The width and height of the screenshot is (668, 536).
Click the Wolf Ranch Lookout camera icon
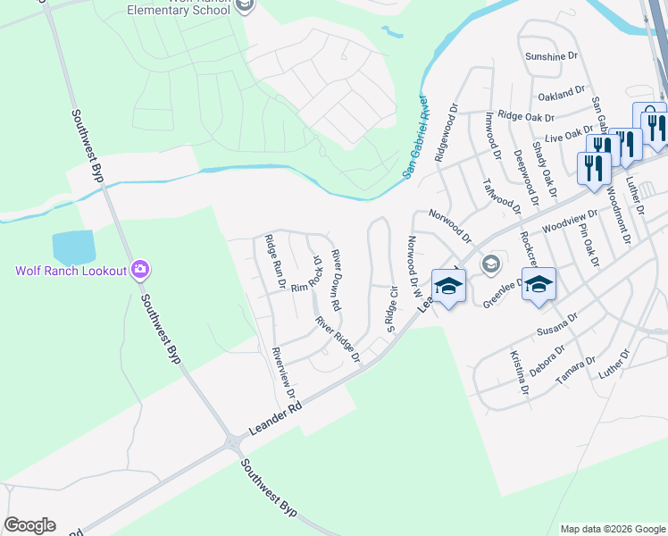(140, 269)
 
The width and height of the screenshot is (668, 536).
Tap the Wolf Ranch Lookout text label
(71, 270)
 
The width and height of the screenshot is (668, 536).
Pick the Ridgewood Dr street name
(446, 132)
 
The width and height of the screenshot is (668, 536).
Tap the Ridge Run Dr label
(274, 262)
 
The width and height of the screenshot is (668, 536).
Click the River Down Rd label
(337, 280)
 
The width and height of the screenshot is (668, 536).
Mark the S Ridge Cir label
(390, 308)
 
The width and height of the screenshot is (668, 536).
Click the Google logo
(29, 525)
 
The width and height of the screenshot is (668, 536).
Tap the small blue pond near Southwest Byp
(73, 246)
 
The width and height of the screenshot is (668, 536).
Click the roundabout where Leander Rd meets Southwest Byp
(234, 442)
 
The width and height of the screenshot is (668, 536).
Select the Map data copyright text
(612, 529)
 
